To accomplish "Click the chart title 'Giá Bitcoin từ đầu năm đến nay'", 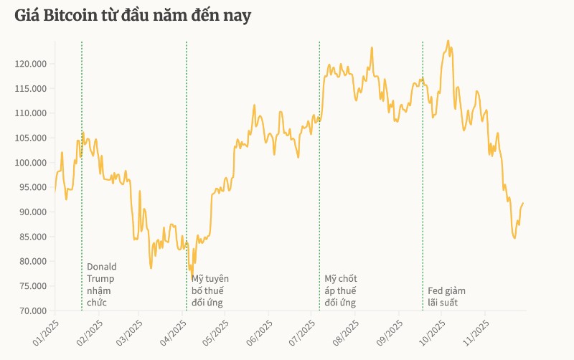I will click(x=133, y=16).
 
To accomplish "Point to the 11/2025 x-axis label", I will click(x=474, y=332).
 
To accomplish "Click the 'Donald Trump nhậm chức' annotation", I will click(x=101, y=285).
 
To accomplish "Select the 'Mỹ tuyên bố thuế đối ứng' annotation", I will click(x=210, y=290).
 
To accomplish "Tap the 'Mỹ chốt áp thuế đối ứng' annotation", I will click(x=340, y=290).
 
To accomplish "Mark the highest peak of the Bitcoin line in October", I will click(x=448, y=41).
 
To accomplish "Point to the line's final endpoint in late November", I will click(x=523, y=204).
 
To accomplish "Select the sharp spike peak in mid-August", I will click(x=372, y=48).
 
